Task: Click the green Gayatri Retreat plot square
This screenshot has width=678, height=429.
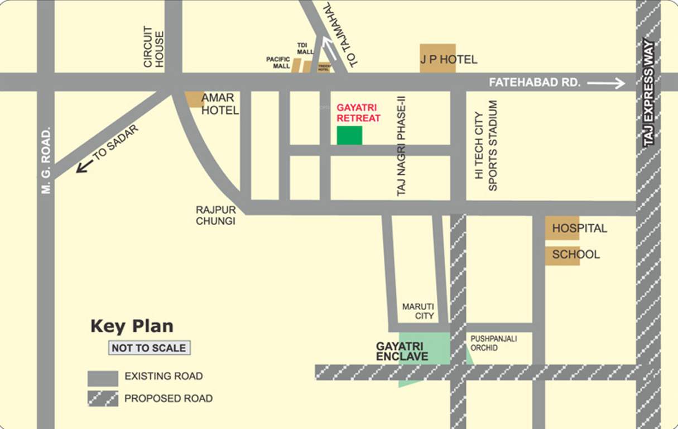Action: pos(349,135)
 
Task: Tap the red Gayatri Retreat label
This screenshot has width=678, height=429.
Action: pos(358,113)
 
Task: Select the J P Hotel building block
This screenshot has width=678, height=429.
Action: pos(437,58)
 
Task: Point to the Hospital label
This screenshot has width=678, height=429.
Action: pos(579,228)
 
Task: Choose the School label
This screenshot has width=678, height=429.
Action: pos(576,255)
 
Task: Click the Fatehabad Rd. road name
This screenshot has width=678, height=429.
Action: pos(535,83)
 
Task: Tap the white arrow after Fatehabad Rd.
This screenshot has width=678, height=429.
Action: pos(605,83)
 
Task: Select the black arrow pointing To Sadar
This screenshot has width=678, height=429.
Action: pos(84,166)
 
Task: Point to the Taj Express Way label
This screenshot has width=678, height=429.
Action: pos(648,93)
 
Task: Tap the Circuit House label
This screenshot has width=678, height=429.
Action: pos(153,47)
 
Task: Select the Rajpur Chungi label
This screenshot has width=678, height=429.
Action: pos(215,215)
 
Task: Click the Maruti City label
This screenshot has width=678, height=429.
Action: pos(418,312)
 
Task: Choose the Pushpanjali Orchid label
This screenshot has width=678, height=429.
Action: pos(493,343)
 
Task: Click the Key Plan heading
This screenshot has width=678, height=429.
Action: pos(132,326)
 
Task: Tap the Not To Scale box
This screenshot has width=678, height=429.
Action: pos(149,348)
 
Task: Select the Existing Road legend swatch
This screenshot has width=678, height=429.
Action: pos(103,378)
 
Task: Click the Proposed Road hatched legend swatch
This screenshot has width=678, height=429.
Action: pos(103,398)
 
